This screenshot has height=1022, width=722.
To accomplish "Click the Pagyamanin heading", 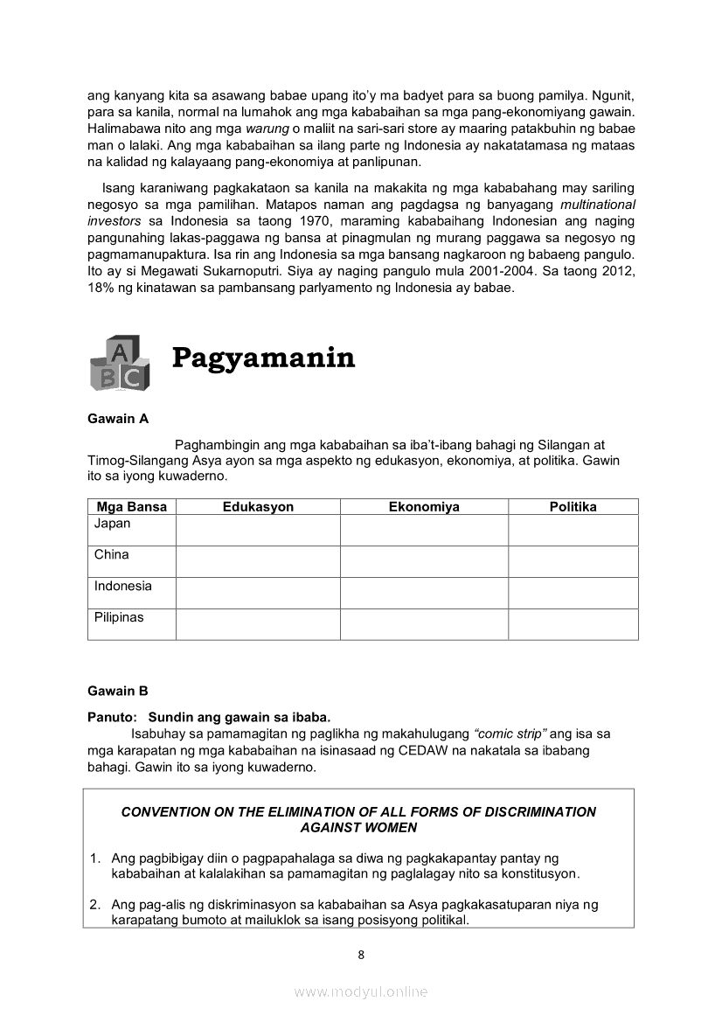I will pos(263,358).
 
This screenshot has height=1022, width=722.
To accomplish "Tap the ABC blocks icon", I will pos(119,363).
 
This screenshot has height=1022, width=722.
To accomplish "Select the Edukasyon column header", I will pos(258,507).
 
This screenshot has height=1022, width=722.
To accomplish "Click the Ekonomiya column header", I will pos(424,507).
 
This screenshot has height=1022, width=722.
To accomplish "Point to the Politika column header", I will pos(573,507).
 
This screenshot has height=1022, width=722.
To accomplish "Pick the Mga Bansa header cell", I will pos(131,507).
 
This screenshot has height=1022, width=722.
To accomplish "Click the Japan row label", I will pos(113,524).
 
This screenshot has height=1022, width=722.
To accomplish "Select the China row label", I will pos(112,554).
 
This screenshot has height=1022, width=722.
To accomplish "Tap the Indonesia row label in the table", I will pos(123,586).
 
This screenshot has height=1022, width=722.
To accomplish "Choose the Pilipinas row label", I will pos(119,617).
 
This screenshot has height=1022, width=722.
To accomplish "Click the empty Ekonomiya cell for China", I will pos(424,561).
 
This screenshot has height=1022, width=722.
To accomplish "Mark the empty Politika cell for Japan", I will pos(573,530).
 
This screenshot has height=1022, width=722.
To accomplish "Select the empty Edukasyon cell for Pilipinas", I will pos(258,624).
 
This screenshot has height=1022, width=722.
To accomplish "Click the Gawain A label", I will pos(118,419).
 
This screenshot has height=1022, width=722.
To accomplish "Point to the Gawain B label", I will pos(118,691).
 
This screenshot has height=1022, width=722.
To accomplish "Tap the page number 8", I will pos(361,955).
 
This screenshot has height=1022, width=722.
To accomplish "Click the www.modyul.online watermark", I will pos(361,991).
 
